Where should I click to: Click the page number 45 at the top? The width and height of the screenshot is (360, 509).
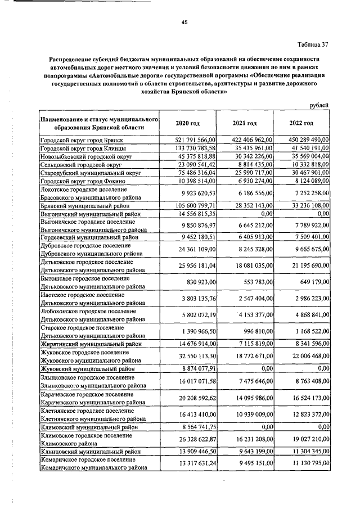point(183,22)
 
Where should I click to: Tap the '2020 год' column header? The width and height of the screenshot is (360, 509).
point(187,123)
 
